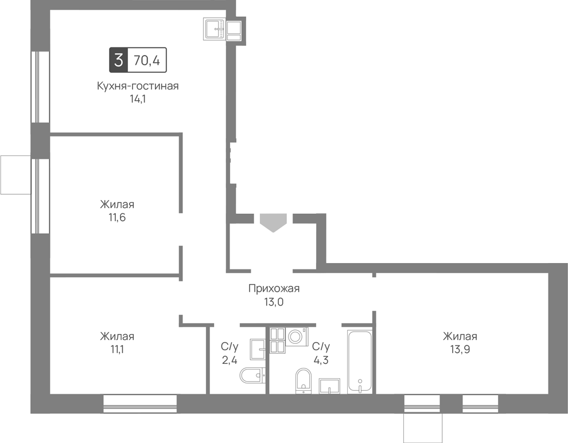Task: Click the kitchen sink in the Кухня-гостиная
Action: [216, 29]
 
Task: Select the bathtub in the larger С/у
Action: [360, 362]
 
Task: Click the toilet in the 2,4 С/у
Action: [253, 375]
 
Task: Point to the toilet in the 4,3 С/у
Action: [304, 381]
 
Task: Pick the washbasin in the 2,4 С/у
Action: [258, 350]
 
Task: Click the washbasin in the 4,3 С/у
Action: [329, 386]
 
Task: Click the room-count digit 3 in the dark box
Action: [118, 60]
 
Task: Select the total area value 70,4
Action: [147, 60]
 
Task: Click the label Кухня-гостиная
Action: [138, 86]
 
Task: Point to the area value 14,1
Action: [138, 99]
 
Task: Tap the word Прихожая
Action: [274, 289]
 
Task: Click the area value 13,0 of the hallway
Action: [274, 302]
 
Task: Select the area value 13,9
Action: [460, 349]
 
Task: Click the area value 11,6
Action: [117, 218]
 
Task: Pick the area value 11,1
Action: [117, 349]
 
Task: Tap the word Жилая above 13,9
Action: [460, 336]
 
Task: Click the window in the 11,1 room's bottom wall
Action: [140, 403]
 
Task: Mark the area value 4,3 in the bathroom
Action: [321, 360]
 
